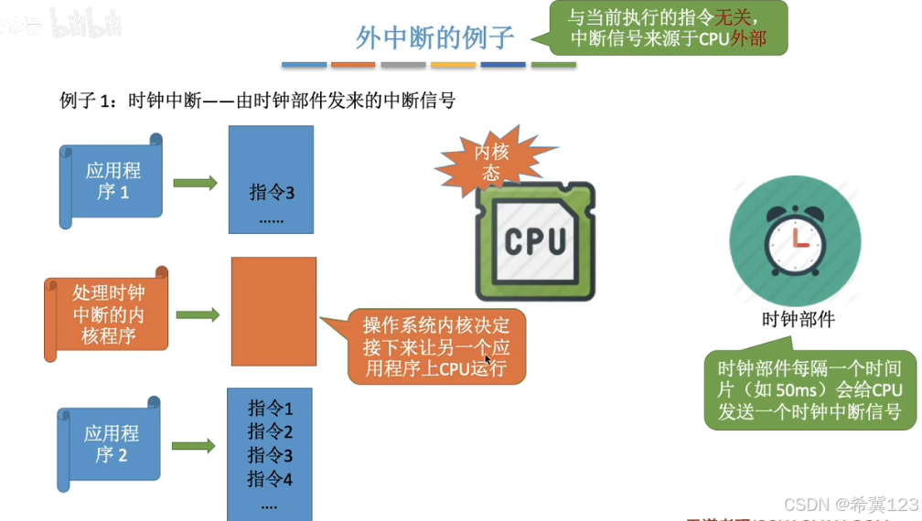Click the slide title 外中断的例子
(x=434, y=37)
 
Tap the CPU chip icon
(x=535, y=240)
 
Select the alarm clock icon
(x=796, y=240)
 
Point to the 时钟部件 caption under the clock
(x=798, y=320)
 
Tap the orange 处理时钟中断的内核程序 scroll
(x=107, y=314)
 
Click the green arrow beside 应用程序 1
(x=195, y=183)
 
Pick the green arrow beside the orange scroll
(x=198, y=315)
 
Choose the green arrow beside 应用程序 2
(x=193, y=446)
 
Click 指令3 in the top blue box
(x=272, y=193)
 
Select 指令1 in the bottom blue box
(x=270, y=409)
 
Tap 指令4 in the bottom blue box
(x=270, y=478)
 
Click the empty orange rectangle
(x=273, y=312)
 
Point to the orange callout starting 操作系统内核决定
(x=436, y=347)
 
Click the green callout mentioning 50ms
(x=809, y=390)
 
